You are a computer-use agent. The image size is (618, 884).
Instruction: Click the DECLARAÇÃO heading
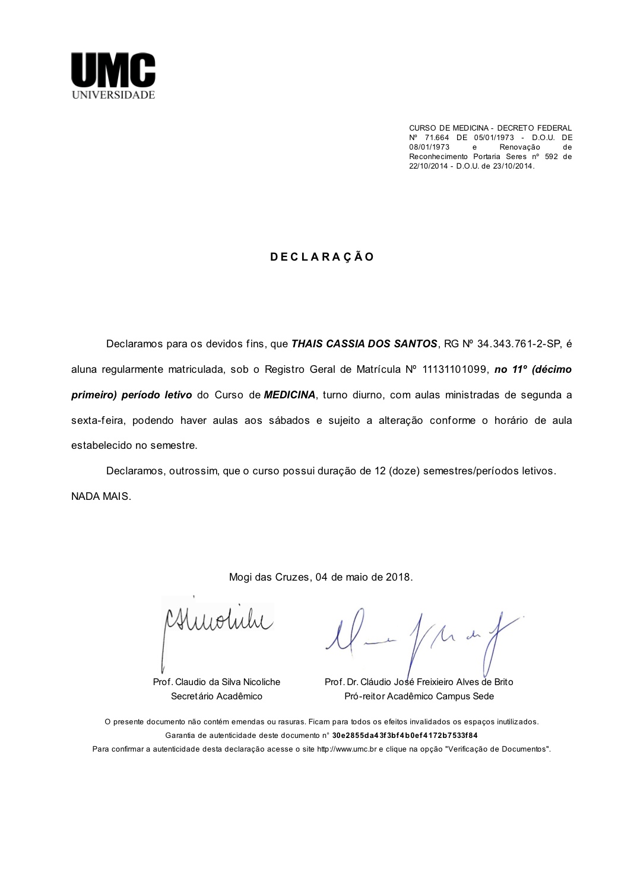(322, 257)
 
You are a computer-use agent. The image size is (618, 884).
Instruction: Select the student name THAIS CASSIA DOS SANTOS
(364, 344)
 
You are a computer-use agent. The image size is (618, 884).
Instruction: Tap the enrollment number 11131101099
(455, 369)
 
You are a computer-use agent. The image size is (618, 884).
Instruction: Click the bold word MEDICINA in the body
(290, 395)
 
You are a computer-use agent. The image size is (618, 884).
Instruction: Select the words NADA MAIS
(101, 496)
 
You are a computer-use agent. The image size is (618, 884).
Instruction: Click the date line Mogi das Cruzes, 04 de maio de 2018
(321, 577)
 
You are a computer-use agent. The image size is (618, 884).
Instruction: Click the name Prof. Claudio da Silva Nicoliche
(216, 682)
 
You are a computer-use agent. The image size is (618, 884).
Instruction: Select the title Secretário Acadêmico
(216, 696)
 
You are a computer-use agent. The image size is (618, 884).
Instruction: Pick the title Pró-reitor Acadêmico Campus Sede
(419, 696)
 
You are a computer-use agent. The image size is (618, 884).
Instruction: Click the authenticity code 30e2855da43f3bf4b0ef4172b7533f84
(404, 736)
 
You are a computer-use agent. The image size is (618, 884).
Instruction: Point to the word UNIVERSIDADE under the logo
(113, 95)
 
